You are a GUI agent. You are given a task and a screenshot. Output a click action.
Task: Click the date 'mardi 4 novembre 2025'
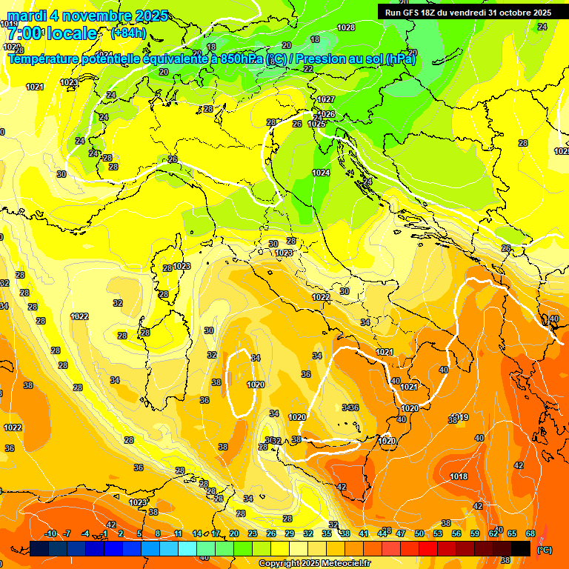pos(87,16)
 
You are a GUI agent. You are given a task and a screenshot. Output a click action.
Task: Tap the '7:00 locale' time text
pos(52,33)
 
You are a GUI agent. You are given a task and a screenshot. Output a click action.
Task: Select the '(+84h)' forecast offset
pos(128,33)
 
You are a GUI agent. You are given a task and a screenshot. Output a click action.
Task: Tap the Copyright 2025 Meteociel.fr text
pos(316,564)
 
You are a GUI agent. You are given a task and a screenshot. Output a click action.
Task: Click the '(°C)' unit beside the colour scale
pos(544,550)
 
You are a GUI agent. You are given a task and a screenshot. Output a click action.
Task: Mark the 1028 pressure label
pos(346,27)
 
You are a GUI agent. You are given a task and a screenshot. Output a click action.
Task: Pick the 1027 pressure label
pos(326,99)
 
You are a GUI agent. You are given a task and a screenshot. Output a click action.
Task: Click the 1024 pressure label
pos(321,173)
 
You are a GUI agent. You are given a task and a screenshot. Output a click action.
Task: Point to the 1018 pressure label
pos(459,476)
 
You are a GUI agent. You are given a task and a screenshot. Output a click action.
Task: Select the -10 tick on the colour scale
pos(51,533)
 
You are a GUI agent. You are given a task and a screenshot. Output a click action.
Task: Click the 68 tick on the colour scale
pos(530,533)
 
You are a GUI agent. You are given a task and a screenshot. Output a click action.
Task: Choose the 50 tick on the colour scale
pos(419,533)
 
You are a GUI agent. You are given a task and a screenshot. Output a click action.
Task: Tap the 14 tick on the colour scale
pos(197,533)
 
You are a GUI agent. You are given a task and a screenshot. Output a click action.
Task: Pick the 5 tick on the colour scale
pos(139,533)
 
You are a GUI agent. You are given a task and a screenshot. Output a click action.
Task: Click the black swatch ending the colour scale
pos(521,548)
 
